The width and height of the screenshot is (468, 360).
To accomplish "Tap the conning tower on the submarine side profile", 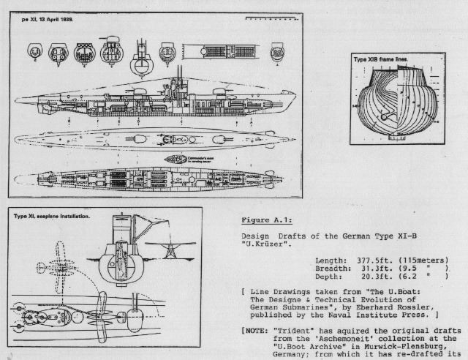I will tap(178, 85).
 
